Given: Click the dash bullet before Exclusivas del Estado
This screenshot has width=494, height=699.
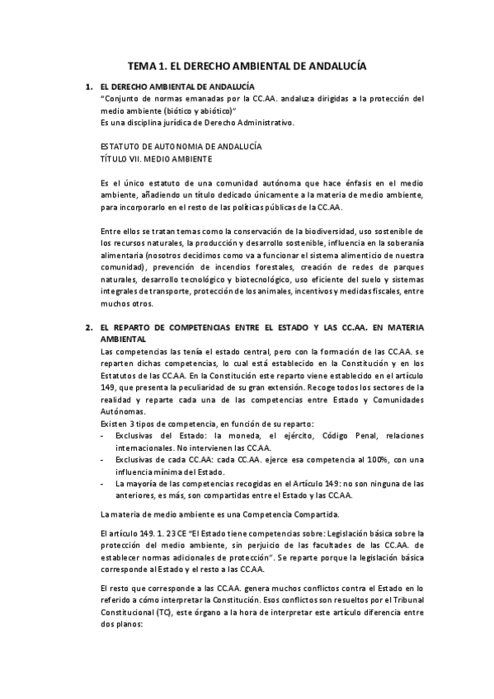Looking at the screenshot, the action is (101, 435).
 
